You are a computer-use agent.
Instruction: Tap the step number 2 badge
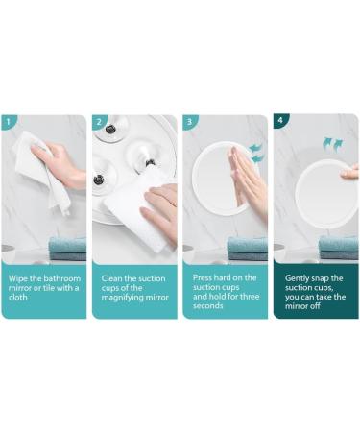click(99, 122)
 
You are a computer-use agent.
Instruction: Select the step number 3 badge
click(189, 122)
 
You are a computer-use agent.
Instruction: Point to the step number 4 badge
click(279, 122)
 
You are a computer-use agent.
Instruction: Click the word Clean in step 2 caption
click(112, 276)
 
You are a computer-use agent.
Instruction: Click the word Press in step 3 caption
click(203, 276)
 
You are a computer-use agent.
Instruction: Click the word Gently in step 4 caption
click(297, 276)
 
